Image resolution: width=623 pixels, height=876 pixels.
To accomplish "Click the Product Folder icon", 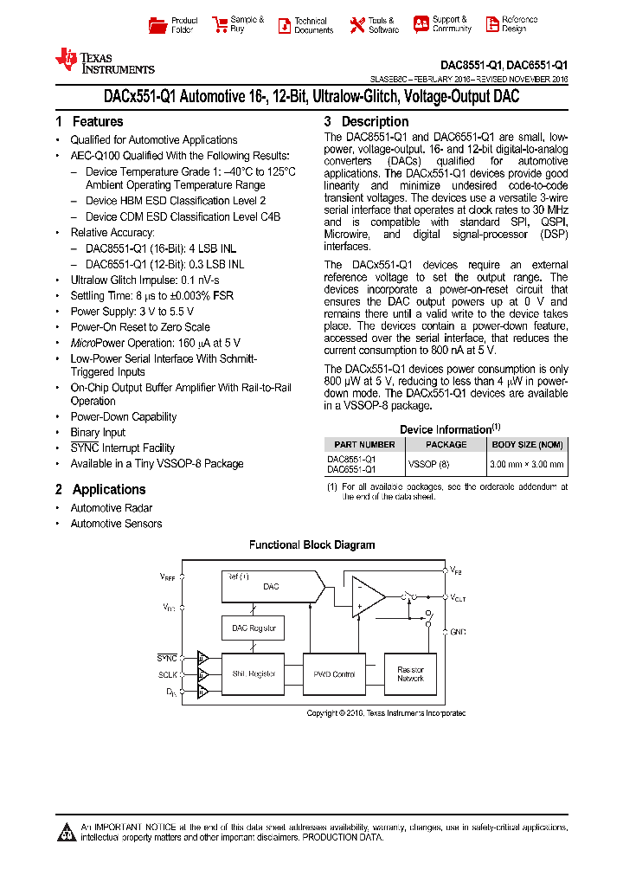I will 157,25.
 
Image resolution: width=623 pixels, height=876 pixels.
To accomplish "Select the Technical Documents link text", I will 312,25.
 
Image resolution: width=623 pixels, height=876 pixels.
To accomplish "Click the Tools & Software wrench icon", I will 357,25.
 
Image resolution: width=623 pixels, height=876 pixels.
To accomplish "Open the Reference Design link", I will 519,24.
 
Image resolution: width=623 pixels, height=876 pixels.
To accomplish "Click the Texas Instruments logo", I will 105,61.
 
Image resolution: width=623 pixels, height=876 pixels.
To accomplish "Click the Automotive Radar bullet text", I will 111,508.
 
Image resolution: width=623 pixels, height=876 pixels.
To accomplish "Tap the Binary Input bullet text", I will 98,432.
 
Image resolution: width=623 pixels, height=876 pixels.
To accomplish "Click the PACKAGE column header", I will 446,444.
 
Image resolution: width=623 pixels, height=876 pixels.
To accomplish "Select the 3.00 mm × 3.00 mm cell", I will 526,464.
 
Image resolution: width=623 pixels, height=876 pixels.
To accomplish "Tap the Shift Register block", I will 254,673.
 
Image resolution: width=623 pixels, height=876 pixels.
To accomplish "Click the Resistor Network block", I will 410,674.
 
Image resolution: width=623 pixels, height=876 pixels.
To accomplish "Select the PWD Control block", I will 334,673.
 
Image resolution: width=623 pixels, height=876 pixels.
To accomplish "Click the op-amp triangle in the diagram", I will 367,598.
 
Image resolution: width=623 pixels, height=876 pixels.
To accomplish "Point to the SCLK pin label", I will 168,673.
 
